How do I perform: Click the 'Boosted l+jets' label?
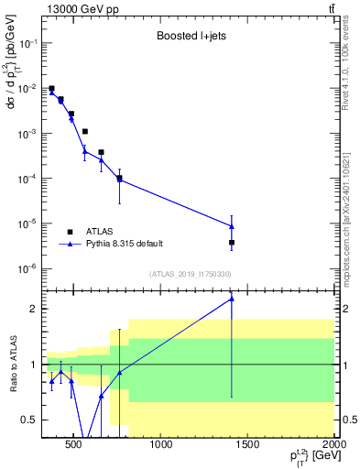point(190,38)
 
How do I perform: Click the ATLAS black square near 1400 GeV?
point(232,243)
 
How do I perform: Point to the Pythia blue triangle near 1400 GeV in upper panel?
point(232,226)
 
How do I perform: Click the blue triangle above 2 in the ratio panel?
point(232,298)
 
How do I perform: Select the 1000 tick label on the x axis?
point(161,446)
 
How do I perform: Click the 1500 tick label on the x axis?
point(248,446)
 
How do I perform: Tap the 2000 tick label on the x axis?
point(334,446)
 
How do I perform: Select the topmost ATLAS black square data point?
point(51,89)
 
